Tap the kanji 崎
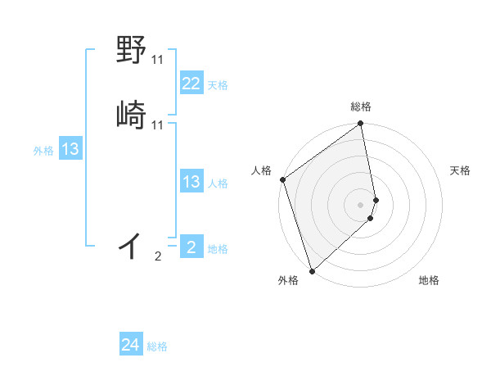point(132,115)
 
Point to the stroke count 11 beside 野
point(158,60)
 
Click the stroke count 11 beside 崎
point(158,125)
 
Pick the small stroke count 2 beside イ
point(158,256)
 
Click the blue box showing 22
point(191,84)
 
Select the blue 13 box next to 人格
point(191,182)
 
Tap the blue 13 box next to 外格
point(70,149)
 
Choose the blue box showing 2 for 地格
point(191,247)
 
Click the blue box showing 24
point(130,346)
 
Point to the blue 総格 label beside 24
point(157,347)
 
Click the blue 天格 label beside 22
point(218,85)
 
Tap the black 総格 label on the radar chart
point(361,106)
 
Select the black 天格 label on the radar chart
point(460,170)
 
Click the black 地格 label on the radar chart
point(429,281)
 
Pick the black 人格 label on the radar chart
point(261,170)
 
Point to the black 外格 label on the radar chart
point(288,281)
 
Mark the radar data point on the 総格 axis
point(361,125)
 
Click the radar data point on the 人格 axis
point(282,179)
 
